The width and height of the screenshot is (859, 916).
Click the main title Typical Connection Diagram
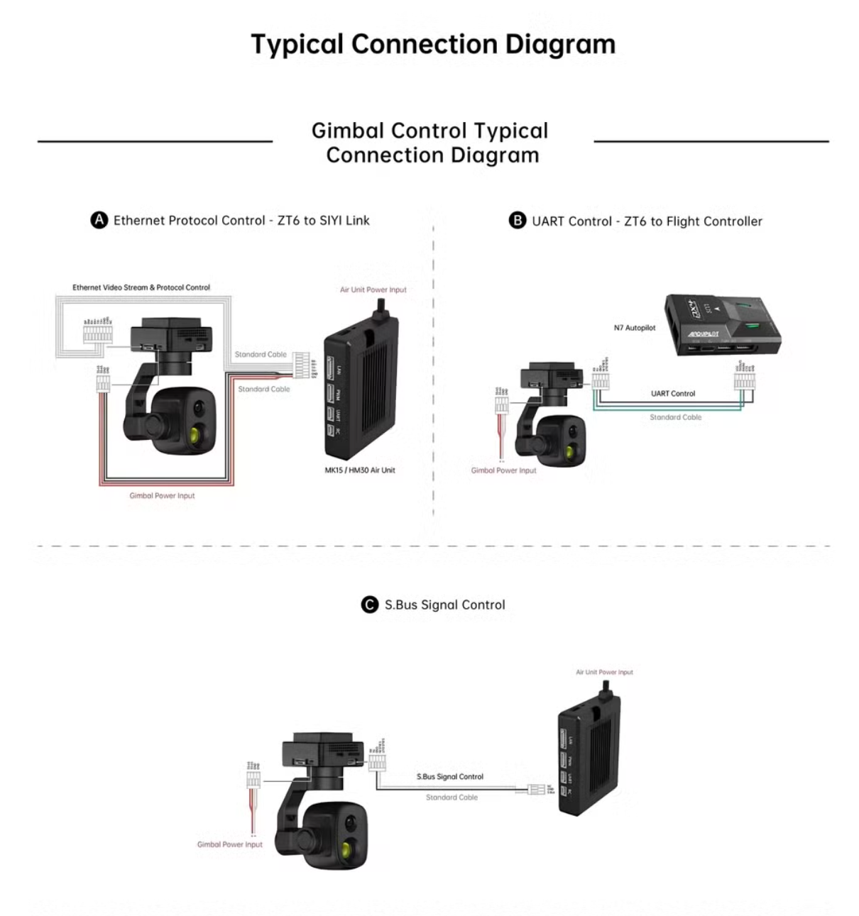[x=433, y=44]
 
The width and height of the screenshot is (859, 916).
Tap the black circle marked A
[x=99, y=220]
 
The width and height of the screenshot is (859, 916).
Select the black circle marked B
[x=518, y=221]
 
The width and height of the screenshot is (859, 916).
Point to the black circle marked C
[x=370, y=605]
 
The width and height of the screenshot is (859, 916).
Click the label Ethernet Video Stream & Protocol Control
[x=141, y=287]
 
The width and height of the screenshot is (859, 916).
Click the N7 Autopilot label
[x=635, y=328]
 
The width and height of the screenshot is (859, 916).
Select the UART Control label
[x=673, y=393]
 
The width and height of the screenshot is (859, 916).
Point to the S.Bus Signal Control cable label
[x=450, y=776]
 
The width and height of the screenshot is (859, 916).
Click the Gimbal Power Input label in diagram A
[x=162, y=495]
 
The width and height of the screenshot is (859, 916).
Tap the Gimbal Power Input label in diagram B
[x=504, y=470]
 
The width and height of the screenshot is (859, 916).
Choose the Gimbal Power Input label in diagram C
[x=230, y=844]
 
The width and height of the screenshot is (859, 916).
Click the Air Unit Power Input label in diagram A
[x=373, y=289]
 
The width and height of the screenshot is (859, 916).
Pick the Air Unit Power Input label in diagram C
[x=604, y=672]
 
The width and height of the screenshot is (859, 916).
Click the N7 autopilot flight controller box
[x=723, y=323]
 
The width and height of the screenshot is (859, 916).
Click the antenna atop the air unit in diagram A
[x=380, y=307]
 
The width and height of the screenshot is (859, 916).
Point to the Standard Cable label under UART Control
[x=676, y=417]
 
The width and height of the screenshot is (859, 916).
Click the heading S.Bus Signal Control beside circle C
[x=445, y=605]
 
